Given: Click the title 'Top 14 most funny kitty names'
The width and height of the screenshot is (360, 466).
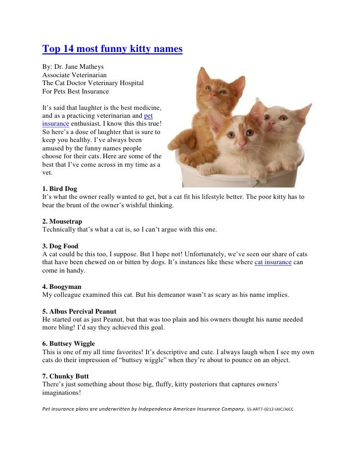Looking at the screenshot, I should [112, 49].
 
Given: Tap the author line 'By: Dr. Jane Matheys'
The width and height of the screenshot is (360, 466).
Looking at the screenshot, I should [73, 67].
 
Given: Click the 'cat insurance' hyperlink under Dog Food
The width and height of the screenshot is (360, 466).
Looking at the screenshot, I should [272, 262].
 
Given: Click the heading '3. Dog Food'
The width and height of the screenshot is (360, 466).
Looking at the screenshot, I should [60, 246].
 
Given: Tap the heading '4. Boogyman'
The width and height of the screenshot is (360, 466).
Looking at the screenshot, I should [62, 286].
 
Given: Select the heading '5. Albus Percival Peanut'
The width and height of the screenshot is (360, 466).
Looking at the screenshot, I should [79, 311].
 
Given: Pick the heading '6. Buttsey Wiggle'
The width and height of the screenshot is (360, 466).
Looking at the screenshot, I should [68, 343].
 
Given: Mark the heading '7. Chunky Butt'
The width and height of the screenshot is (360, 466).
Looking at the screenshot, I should [65, 376].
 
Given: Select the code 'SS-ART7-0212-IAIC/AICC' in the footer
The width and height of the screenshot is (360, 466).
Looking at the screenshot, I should [270, 409].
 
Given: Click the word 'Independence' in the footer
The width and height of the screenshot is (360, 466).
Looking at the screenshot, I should [157, 409].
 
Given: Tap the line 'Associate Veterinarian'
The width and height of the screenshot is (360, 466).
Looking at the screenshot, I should [74, 75].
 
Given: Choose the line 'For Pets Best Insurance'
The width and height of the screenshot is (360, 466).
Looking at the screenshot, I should [76, 91].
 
